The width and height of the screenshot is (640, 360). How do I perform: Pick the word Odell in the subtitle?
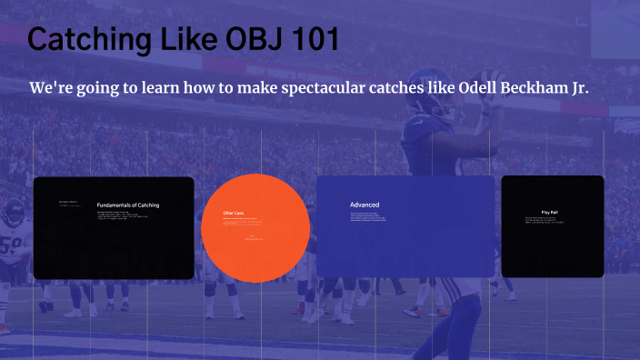click(x=486, y=88)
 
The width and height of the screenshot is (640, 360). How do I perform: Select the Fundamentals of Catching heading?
click(x=128, y=205)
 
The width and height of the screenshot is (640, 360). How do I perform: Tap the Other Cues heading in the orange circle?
click(x=234, y=214)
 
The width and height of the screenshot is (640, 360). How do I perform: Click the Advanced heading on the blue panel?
click(x=365, y=205)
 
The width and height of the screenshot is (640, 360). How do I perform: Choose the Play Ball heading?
click(x=550, y=212)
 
